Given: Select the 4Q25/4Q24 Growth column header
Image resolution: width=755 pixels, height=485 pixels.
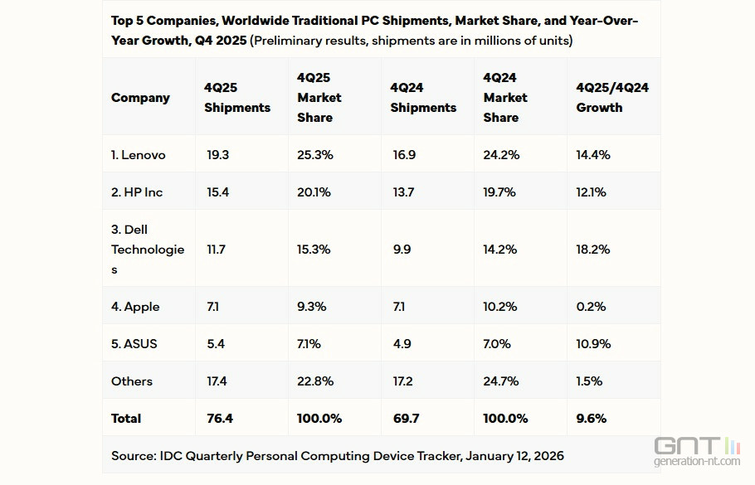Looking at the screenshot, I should pyautogui.click(x=612, y=98).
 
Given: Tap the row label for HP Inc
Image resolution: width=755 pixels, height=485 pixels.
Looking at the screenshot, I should pyautogui.click(x=137, y=192).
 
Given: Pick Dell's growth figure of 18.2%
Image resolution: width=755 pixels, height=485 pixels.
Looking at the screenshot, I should pyautogui.click(x=592, y=250).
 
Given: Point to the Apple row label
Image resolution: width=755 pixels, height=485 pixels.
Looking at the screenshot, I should pyautogui.click(x=135, y=307).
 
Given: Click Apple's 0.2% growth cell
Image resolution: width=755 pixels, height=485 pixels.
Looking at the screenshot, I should pyautogui.click(x=590, y=307).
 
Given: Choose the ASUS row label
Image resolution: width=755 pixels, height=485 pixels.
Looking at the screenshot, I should pyautogui.click(x=134, y=344).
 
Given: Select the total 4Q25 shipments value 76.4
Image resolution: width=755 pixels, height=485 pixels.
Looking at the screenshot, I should pyautogui.click(x=219, y=419).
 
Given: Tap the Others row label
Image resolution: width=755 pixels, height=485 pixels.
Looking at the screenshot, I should pyautogui.click(x=132, y=381).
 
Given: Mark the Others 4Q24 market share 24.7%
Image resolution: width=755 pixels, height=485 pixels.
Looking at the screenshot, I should pyautogui.click(x=500, y=381).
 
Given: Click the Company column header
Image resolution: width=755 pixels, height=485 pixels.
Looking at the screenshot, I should pyautogui.click(x=140, y=98).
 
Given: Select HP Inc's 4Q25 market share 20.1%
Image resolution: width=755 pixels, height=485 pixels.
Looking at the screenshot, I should pyautogui.click(x=314, y=192).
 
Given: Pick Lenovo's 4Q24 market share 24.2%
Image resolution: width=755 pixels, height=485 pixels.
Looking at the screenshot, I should pyautogui.click(x=500, y=155).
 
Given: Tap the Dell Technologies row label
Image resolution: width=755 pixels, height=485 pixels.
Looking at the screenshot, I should pyautogui.click(x=148, y=250).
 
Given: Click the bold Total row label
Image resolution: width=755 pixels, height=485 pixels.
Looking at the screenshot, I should pyautogui.click(x=126, y=419).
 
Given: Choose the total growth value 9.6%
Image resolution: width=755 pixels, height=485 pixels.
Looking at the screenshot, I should pyautogui.click(x=591, y=419).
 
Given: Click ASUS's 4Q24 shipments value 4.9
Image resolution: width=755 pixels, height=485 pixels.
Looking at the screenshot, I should pyautogui.click(x=401, y=344).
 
